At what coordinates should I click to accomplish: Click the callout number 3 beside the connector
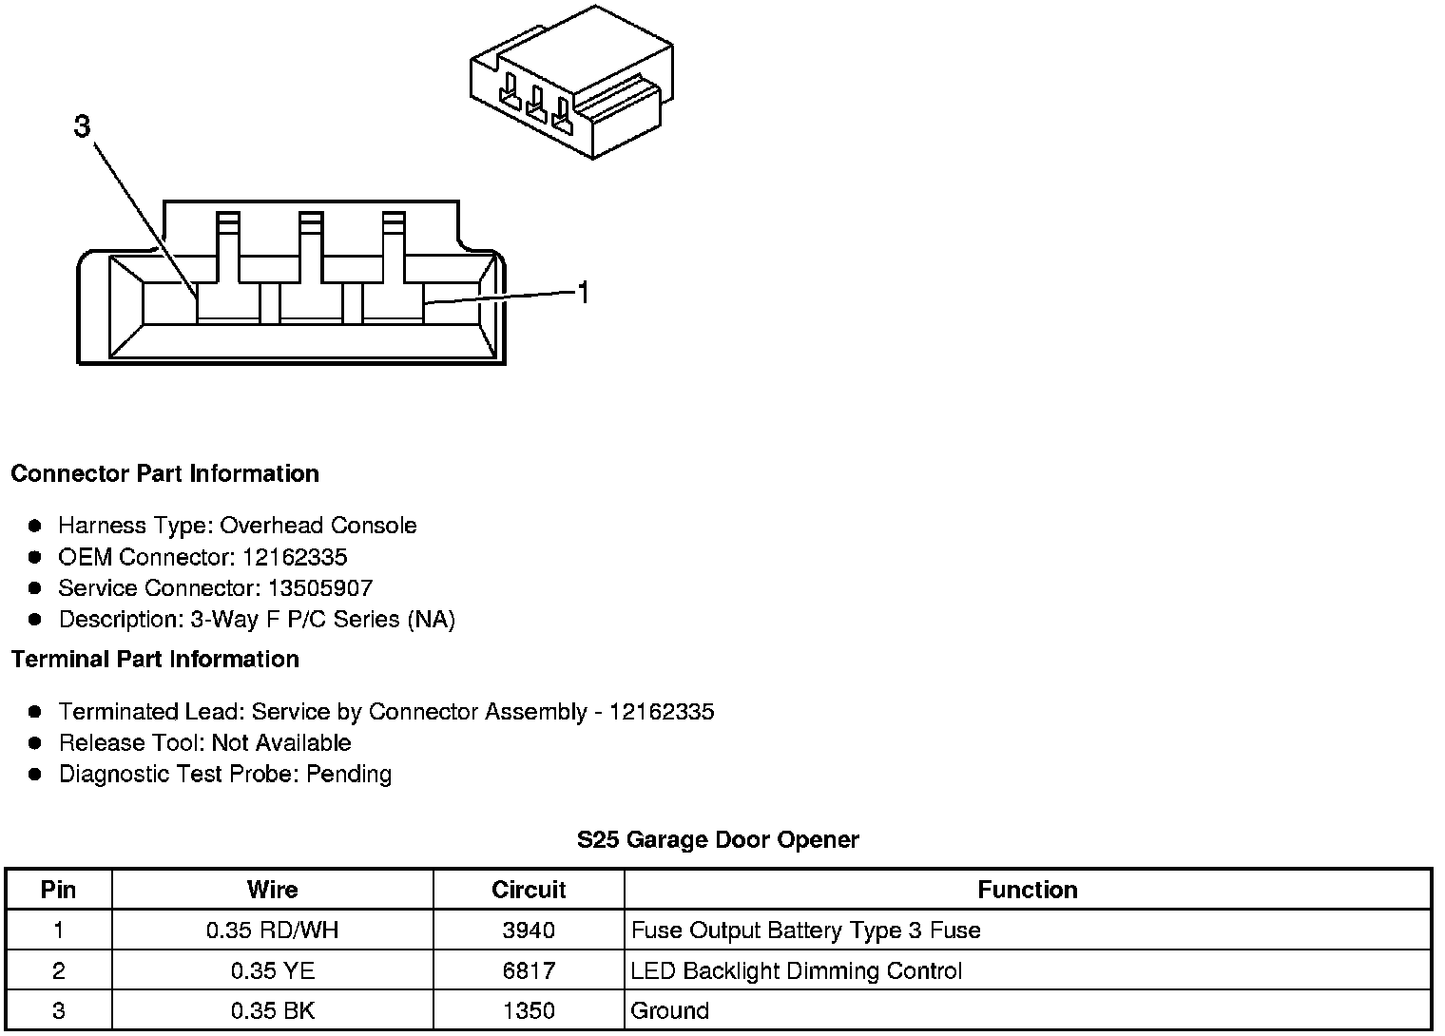click(83, 125)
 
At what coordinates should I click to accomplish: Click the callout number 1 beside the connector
click(584, 294)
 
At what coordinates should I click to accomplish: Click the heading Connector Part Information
click(164, 473)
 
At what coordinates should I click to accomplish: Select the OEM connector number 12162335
click(295, 557)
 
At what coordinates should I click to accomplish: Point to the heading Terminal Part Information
click(155, 659)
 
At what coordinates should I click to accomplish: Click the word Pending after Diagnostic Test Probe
click(349, 774)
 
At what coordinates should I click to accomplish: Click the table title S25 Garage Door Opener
click(718, 839)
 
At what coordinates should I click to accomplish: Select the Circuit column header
click(529, 890)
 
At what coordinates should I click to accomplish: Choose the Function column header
click(1028, 890)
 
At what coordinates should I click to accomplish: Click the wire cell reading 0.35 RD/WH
click(272, 930)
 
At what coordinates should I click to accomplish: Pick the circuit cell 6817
click(529, 970)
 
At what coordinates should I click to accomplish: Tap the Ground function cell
click(670, 1010)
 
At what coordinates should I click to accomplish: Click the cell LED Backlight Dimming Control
click(797, 970)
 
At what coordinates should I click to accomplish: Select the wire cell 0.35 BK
click(272, 1010)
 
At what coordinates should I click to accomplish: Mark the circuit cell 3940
click(529, 930)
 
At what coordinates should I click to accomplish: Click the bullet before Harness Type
click(35, 526)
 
